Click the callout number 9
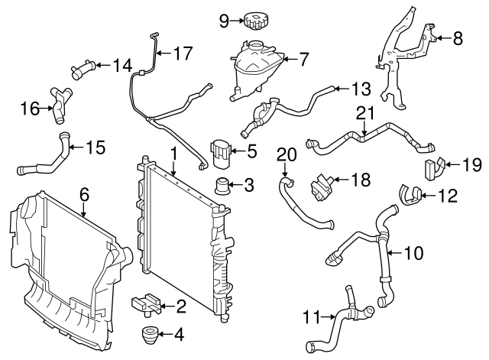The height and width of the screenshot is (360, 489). point(225,21)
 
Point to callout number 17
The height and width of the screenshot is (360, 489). point(183,54)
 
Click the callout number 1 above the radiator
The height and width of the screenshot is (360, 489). point(174,154)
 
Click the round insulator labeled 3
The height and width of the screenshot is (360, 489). point(224,185)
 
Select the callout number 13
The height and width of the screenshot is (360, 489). point(361,88)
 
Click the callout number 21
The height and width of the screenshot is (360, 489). point(366,114)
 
